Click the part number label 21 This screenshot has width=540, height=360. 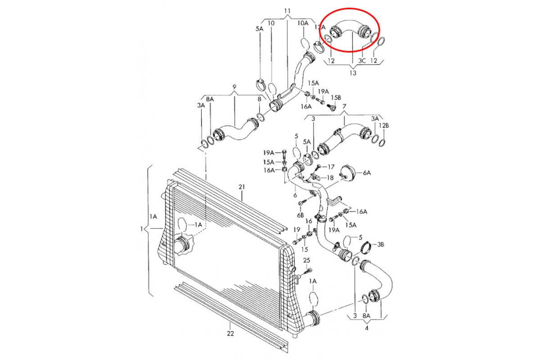coord(241,186)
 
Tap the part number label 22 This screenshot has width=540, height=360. coord(230,333)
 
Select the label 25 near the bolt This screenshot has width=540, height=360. coord(306,260)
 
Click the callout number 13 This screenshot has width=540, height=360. coord(352,72)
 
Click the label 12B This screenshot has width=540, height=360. coord(383,126)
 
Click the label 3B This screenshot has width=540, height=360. coord(380,245)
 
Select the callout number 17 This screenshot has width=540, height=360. coord(331,166)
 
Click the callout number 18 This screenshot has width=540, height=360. coord(330,178)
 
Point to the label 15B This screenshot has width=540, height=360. coord(336,97)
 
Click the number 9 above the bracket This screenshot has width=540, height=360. coord(234,86)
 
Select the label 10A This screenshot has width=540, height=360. coord(303,23)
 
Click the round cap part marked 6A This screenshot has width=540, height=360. coord(347,173)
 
